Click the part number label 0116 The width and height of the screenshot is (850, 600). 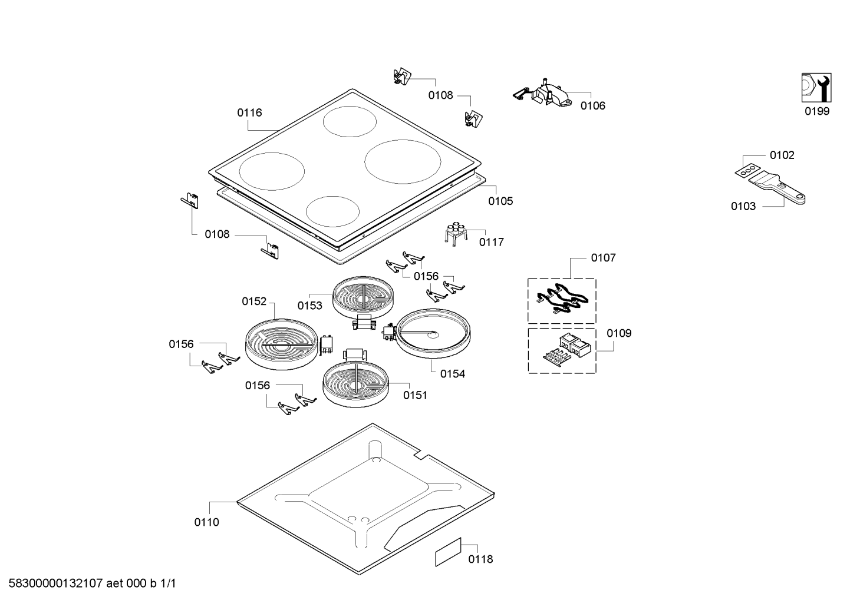pyautogui.click(x=249, y=112)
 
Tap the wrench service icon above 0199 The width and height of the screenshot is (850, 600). pyautogui.click(x=816, y=88)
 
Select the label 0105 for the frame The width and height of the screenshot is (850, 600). pyautogui.click(x=500, y=201)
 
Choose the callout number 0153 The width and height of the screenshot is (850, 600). pyautogui.click(x=309, y=306)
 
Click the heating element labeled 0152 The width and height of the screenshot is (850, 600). pyautogui.click(x=281, y=344)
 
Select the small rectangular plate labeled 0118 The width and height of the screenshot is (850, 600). pyautogui.click(x=448, y=552)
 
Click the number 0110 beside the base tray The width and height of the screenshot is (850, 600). pyautogui.click(x=206, y=522)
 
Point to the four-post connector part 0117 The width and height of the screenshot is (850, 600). pyautogui.click(x=455, y=234)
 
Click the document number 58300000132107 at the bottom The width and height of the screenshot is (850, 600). pyautogui.click(x=56, y=584)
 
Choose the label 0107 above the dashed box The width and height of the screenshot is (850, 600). pyautogui.click(x=604, y=258)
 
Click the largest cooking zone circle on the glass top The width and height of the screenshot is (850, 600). pyautogui.click(x=403, y=162)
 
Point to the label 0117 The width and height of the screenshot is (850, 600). pyautogui.click(x=492, y=242)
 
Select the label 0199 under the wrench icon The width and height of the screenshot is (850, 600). pyautogui.click(x=817, y=111)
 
